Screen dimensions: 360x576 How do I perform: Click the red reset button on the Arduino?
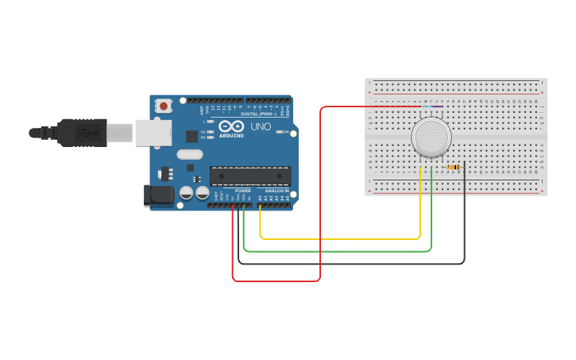pyautogui.click(x=164, y=105)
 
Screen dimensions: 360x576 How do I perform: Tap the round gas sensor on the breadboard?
pyautogui.click(x=431, y=137)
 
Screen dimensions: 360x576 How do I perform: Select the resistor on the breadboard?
pyautogui.click(x=454, y=167)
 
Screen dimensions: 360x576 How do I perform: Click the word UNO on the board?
pyautogui.click(x=261, y=126)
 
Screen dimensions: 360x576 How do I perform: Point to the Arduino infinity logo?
pyautogui.click(x=232, y=126)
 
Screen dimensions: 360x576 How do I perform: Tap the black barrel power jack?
pyautogui.click(x=158, y=195)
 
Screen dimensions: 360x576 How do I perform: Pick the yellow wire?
pyautogui.click(x=342, y=238)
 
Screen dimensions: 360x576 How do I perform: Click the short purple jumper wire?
pyautogui.click(x=438, y=106)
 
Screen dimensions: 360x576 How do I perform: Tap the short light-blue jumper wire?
pyautogui.click(x=427, y=106)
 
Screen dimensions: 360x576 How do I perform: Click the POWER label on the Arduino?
pyautogui.click(x=243, y=191)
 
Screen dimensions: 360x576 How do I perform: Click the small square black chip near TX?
pyautogui.click(x=191, y=136)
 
